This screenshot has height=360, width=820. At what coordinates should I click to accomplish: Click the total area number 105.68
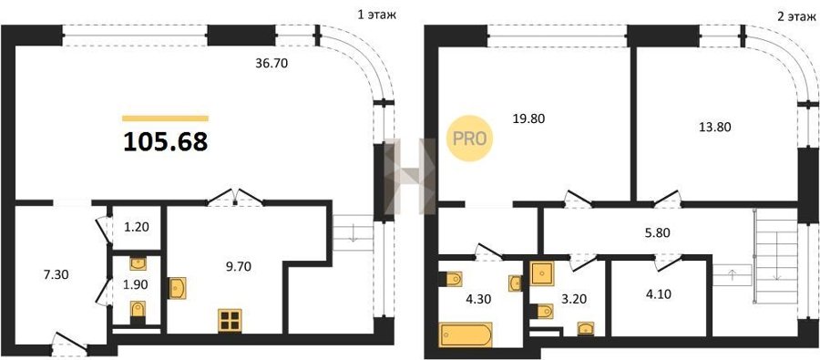tap(165, 142)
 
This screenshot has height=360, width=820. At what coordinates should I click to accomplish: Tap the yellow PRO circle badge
tap(469, 139)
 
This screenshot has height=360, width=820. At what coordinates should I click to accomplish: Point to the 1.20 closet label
tap(137, 227)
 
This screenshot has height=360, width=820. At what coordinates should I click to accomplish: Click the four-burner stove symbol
tap(231, 321)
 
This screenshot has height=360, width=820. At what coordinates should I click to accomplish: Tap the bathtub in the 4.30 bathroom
tap(466, 334)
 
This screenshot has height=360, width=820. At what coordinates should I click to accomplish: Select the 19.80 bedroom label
tap(528, 118)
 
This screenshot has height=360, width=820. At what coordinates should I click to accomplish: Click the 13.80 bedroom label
tap(715, 126)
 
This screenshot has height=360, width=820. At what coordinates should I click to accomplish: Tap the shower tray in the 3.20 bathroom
tap(542, 273)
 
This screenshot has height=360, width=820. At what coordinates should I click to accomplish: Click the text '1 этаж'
tap(376, 15)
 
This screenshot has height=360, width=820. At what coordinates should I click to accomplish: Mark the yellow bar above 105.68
tap(165, 118)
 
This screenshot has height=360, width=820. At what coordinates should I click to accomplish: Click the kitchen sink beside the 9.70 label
tap(178, 288)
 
